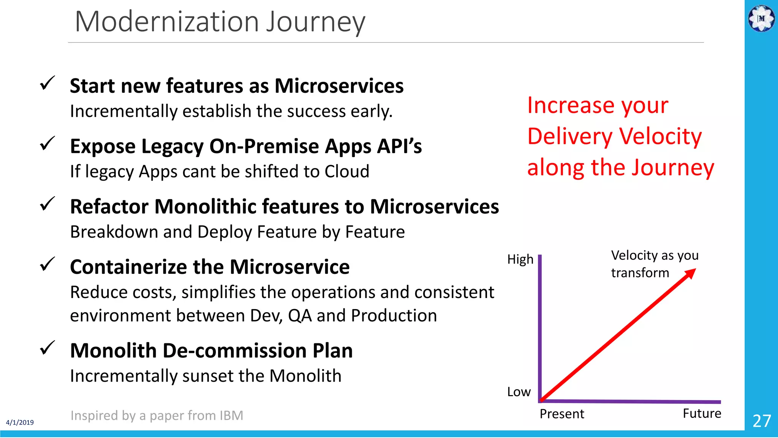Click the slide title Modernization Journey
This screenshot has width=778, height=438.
[220, 22]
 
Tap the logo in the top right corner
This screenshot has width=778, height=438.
[761, 18]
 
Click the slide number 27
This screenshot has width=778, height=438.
[761, 421]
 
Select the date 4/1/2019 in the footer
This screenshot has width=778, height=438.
[20, 422]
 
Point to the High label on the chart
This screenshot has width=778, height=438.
[520, 259]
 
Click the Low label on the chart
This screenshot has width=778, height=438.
[519, 392]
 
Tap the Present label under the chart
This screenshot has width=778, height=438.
[561, 414]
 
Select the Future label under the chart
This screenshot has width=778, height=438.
[702, 413]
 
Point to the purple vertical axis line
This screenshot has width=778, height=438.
[540, 327]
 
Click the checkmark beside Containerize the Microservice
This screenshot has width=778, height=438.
[47, 264]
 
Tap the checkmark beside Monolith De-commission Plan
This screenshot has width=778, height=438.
[47, 348]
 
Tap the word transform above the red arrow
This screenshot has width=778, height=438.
[640, 273]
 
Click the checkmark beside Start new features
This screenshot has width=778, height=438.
[47, 83]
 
